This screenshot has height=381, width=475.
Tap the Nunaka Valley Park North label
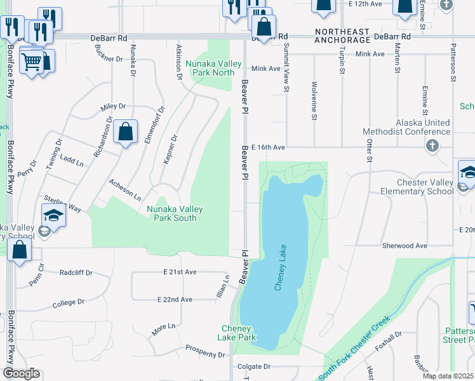210,68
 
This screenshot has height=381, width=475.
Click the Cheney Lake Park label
239,333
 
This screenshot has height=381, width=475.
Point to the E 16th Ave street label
268,147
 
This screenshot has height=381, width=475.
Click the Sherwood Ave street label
405,245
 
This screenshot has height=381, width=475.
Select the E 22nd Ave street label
175,299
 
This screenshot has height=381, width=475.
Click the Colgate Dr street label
253,367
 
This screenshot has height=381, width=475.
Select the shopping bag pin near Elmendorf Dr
126,132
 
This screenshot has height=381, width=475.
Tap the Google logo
21,373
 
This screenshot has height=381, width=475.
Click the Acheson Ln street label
124,189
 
